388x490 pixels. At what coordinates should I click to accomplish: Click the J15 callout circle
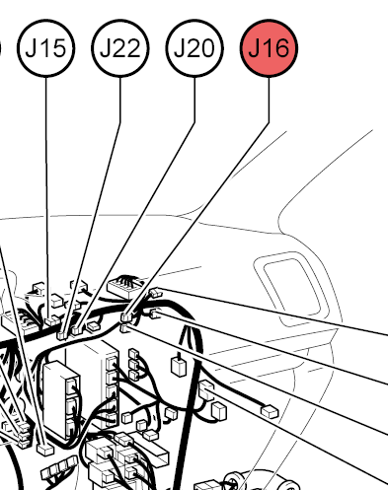coord(46,48)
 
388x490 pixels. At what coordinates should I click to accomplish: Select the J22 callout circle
coord(120,48)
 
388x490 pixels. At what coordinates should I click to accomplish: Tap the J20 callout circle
coord(194,48)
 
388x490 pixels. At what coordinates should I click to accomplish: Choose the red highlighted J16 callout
coord(269,48)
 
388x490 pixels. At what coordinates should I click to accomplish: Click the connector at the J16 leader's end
coord(126,316)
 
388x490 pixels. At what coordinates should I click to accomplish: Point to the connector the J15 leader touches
coord(52,320)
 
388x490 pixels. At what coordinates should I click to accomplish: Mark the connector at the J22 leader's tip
coord(62,334)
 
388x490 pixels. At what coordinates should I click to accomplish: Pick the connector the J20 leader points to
coord(77,329)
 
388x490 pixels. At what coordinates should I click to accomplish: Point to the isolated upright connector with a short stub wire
coord(179,365)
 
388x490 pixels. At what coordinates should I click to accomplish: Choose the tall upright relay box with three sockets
coord(62,400)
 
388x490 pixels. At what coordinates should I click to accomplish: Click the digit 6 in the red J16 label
coord(280,48)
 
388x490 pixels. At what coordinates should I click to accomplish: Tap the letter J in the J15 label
coord(31,48)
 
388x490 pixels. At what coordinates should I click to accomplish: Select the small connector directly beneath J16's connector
coord(124,327)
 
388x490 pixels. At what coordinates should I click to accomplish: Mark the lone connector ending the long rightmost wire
coord(270,412)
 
